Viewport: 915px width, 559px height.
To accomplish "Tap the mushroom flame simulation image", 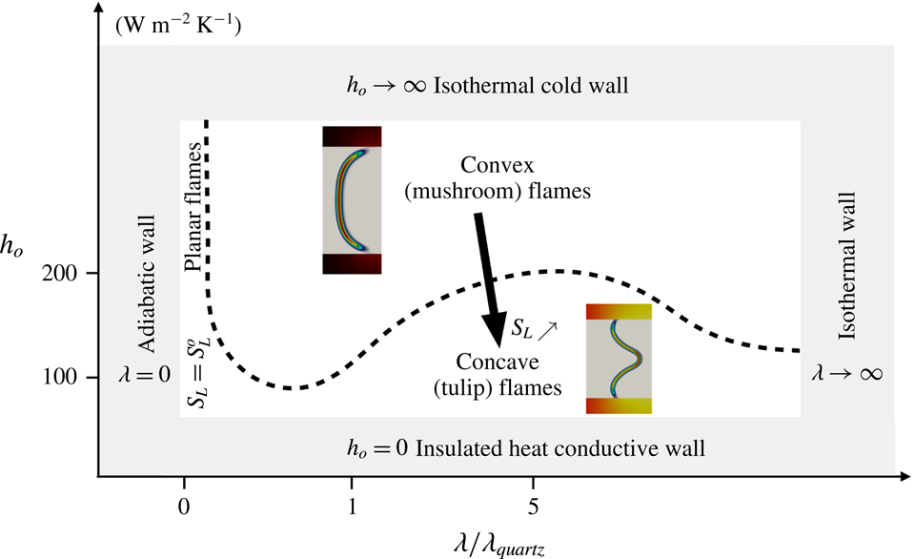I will tap(352, 199).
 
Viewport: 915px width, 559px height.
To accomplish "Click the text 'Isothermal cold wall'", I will tap(532, 86).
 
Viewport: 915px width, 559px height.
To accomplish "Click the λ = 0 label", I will tap(147, 373).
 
